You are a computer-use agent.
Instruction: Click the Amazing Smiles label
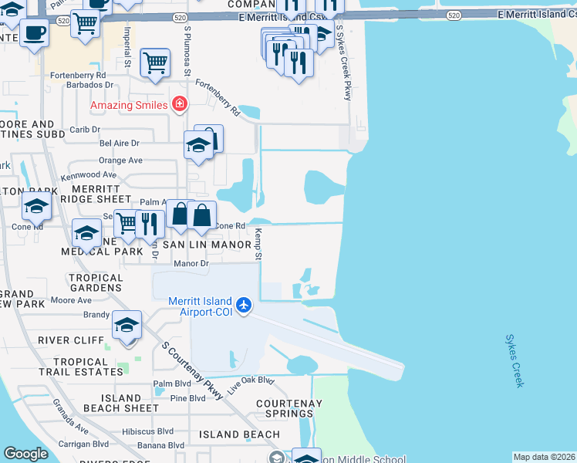pyautogui.click(x=128, y=104)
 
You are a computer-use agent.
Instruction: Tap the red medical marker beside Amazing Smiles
pyautogui.click(x=180, y=103)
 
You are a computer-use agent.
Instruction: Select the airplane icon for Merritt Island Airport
pyautogui.click(x=245, y=306)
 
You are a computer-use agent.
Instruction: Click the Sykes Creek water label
pyautogui.click(x=515, y=360)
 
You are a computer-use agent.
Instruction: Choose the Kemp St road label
pyautogui.click(x=259, y=244)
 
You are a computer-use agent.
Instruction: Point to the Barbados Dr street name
pyautogui.click(x=88, y=86)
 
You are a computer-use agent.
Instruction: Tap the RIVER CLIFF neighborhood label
pyautogui.click(x=81, y=340)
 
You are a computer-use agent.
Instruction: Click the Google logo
pyautogui.click(x=26, y=454)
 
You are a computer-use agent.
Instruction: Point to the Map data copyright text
pyautogui.click(x=545, y=457)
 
